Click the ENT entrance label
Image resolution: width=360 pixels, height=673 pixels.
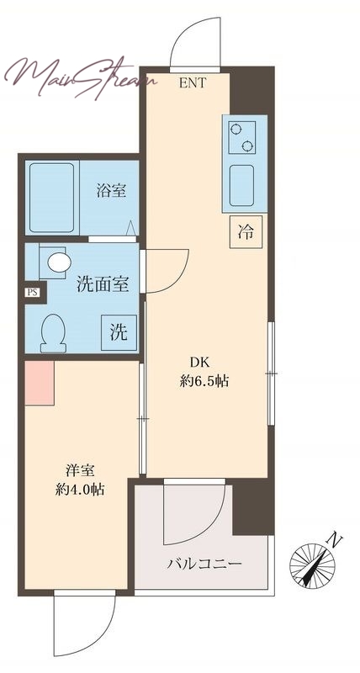click(x=193, y=82)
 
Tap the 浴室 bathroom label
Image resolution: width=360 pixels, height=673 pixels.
click(x=112, y=190)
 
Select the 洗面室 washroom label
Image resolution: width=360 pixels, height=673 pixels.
click(x=103, y=284)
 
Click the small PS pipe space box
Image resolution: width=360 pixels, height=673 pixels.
click(x=32, y=293)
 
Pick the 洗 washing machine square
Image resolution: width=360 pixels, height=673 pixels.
click(x=119, y=332)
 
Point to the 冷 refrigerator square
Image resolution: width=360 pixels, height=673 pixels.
click(x=246, y=232)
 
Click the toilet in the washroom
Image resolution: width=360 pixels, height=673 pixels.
click(x=53, y=333)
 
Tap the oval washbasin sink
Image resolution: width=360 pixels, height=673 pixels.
click(x=59, y=262)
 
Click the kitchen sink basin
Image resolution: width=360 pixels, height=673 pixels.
click(x=241, y=185)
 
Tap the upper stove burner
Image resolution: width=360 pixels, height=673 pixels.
click(x=236, y=129)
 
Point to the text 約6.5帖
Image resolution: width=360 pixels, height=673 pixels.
click(x=204, y=381)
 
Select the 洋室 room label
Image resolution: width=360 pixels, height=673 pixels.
click(x=80, y=471)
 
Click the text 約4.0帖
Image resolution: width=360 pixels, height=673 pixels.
click(x=80, y=490)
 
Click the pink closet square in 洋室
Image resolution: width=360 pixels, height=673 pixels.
click(x=40, y=383)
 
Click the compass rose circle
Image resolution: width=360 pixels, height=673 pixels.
click(x=312, y=566)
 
